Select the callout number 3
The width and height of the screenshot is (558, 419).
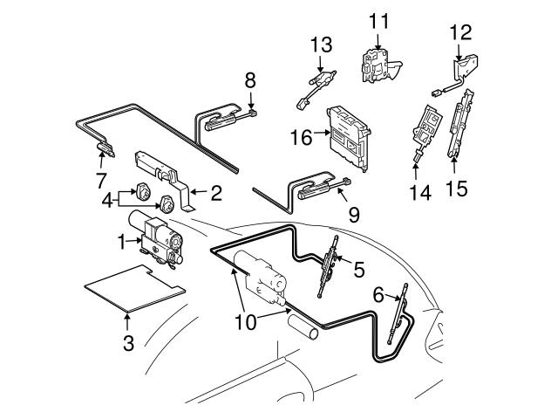[x=128, y=342]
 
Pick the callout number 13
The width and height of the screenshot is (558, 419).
[x=322, y=44]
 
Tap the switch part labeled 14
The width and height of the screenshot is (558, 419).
[x=425, y=127]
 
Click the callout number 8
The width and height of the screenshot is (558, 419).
[x=250, y=81]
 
